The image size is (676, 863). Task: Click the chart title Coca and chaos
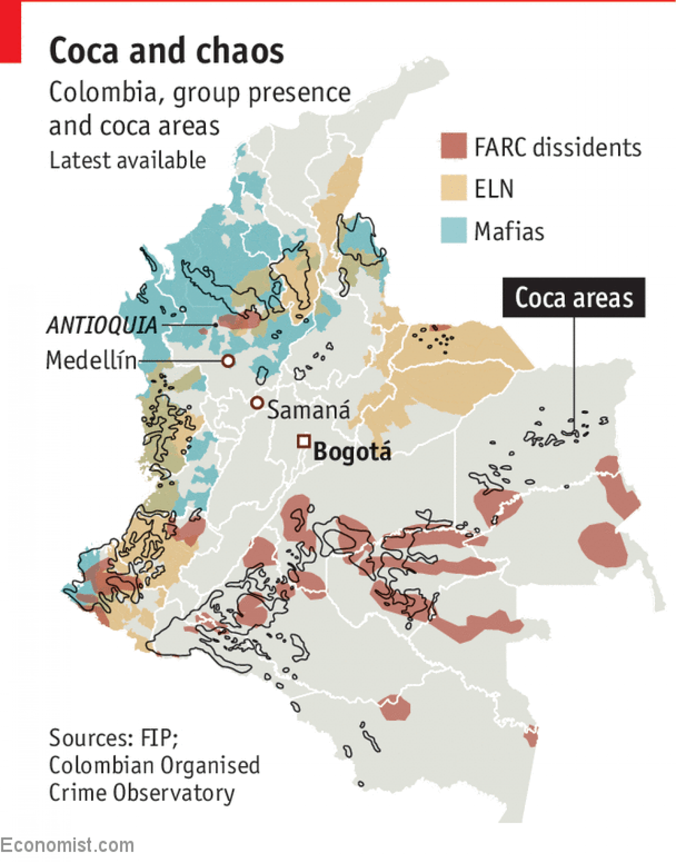coord(166,51)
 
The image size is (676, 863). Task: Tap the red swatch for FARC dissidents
coord(454,146)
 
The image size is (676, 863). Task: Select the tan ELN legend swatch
coord(454,188)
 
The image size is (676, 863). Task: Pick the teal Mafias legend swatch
coord(454,230)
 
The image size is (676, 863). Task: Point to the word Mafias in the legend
coord(509,232)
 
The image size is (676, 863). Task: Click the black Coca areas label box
coord(574,298)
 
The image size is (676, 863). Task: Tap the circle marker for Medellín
coord(228,360)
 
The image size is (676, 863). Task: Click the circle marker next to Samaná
coord(257,402)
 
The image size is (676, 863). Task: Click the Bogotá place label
coord(352,451)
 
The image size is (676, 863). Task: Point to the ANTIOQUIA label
coord(102,325)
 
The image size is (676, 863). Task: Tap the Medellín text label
coord(91,360)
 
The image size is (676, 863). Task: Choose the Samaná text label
coord(309,410)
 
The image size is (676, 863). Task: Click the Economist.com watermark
coord(67,845)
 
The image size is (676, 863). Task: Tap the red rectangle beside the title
coord(10,32)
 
